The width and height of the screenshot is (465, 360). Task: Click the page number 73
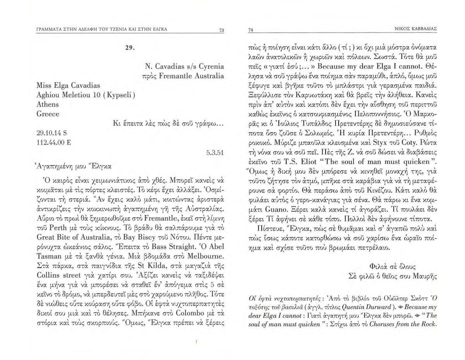(x=221, y=31)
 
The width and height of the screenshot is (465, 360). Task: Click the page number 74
(x=250, y=31)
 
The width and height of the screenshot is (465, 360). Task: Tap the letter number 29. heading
(x=129, y=48)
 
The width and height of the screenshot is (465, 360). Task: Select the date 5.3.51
(x=215, y=152)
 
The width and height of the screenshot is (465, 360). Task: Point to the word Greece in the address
(x=48, y=114)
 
